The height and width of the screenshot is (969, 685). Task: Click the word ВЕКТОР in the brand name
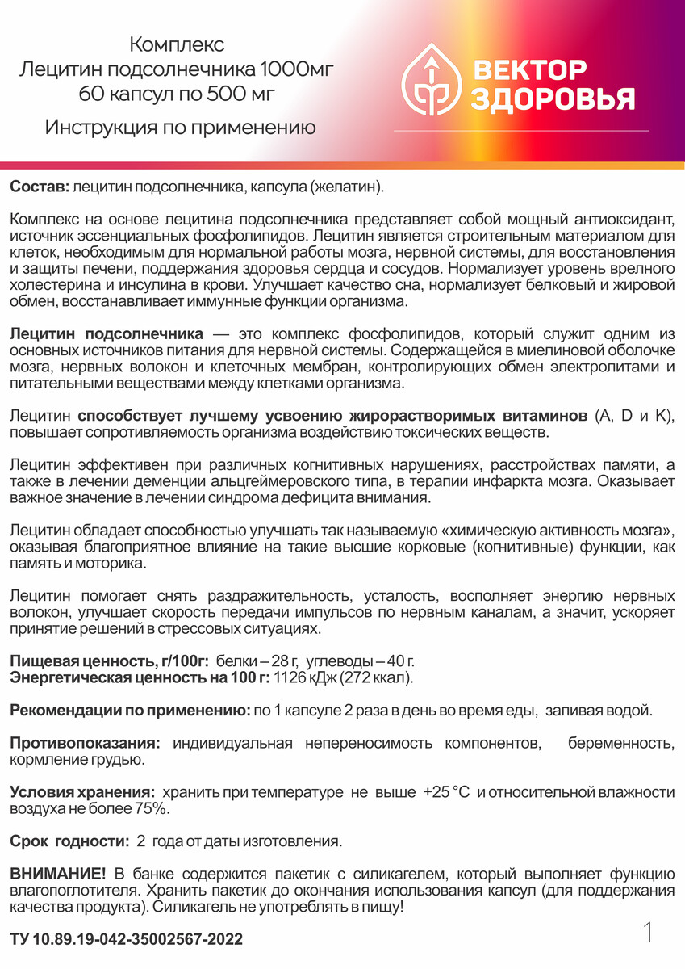(529, 70)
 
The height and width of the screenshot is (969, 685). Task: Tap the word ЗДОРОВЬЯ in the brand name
(553, 100)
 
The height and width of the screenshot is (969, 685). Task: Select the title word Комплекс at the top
(177, 44)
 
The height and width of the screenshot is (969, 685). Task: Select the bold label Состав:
(40, 187)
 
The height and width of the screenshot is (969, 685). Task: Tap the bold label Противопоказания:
(85, 743)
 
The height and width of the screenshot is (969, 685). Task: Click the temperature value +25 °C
(445, 792)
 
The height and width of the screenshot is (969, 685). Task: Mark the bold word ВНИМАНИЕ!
(57, 874)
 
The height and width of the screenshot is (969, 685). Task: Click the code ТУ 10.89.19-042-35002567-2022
(126, 940)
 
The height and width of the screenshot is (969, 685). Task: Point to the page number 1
(648, 933)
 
